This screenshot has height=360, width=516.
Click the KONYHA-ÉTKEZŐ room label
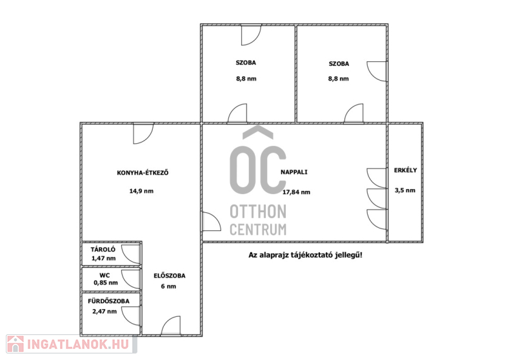[143, 172]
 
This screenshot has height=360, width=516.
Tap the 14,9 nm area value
[141, 191]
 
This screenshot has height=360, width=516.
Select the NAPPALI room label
[294, 172]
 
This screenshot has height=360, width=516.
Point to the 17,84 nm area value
[296, 192]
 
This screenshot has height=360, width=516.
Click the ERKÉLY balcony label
[406, 170]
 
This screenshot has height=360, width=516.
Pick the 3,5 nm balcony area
[405, 190]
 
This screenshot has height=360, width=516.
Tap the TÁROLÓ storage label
[103, 250]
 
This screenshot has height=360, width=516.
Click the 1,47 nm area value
[104, 258]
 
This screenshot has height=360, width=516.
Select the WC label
[104, 275]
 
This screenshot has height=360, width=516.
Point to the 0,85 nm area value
[106, 283]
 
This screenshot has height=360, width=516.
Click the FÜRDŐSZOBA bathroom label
[108, 301]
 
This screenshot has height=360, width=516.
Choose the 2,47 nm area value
[104, 312]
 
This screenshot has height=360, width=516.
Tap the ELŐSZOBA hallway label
[170, 275]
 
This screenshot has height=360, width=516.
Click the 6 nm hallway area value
[168, 286]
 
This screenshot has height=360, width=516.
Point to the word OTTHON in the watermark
[258, 212]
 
